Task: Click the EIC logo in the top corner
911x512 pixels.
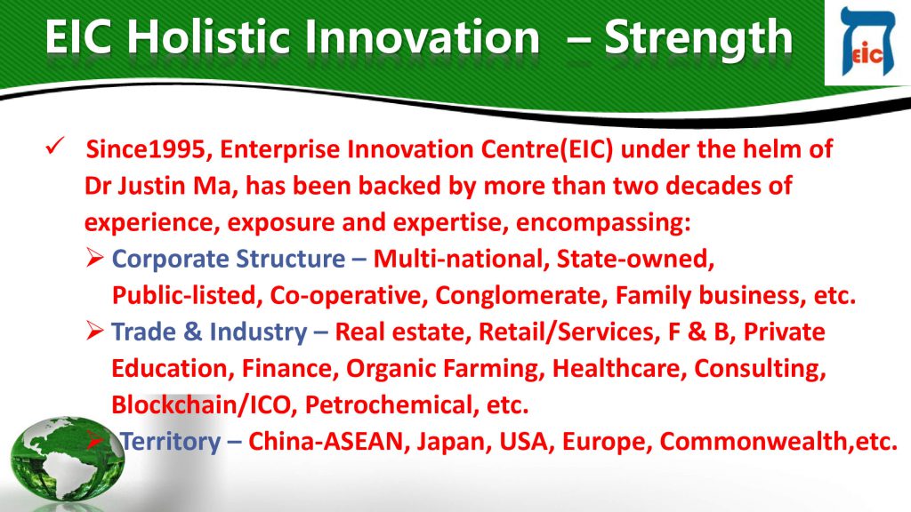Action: [x=867, y=42]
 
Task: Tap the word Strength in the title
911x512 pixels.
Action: [x=698, y=38]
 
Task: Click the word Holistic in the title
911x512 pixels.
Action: [x=207, y=36]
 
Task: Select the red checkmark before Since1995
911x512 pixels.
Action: [x=54, y=147]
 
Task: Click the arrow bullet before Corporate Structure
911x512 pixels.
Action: [x=94, y=257]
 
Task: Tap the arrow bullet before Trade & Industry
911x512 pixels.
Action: [x=94, y=331]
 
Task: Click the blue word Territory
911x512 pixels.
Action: [x=171, y=442]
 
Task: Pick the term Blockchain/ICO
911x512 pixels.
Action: [x=201, y=404]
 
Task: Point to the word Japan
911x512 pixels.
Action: [x=450, y=442]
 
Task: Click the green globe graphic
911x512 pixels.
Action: [x=66, y=460]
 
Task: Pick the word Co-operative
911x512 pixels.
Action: [x=345, y=296]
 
